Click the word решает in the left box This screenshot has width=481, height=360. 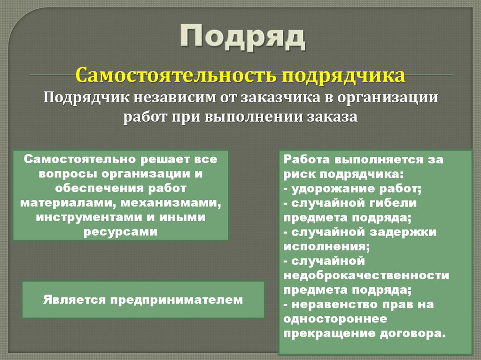click(x=163, y=159)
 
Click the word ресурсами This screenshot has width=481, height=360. click(x=121, y=232)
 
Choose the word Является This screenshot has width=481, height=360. click(x=74, y=299)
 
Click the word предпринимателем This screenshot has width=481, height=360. click(x=177, y=299)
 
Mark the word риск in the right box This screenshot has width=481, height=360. click(x=300, y=174)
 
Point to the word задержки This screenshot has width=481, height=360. click(x=406, y=232)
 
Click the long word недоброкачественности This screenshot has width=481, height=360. click(x=366, y=276)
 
